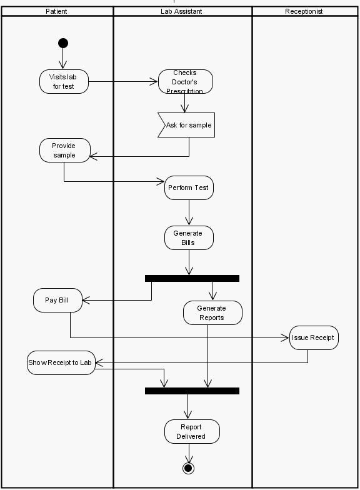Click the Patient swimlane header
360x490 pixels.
57,11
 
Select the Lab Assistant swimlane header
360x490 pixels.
181,11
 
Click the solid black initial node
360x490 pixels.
62,43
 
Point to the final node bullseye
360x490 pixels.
188,468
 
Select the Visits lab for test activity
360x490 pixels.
64,81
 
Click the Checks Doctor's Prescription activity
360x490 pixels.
185,82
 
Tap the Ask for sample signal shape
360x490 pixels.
187,125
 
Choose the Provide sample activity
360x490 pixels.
64,151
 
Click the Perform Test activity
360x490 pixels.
189,187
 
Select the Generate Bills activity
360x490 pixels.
189,238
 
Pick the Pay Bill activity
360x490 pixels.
57,300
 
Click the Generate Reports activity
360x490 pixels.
212,312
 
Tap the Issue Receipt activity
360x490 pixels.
313,337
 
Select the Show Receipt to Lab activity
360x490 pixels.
61,362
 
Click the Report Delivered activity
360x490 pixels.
192,431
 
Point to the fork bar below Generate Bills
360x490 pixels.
192,278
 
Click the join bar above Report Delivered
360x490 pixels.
192,391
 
